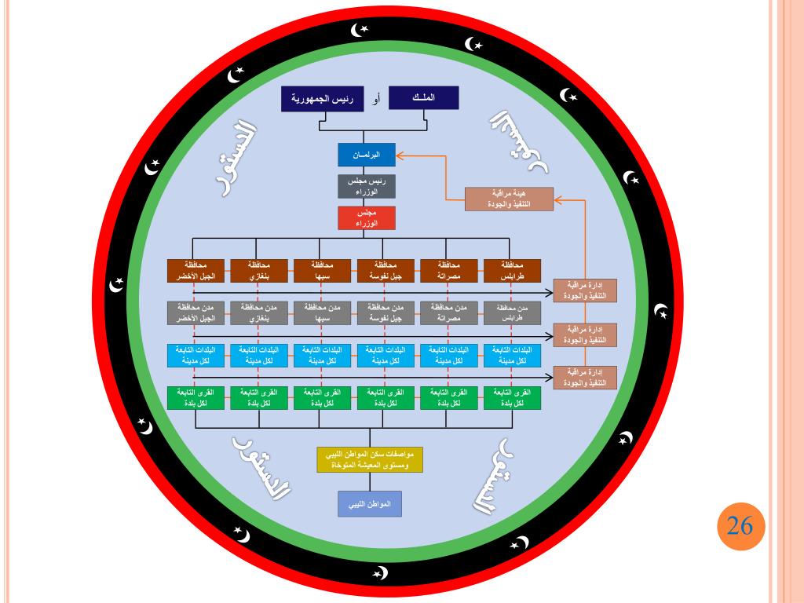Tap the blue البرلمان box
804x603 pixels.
pos(366,155)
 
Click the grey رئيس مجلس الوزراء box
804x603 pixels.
pos(366,186)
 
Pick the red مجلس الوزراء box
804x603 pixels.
pos(366,217)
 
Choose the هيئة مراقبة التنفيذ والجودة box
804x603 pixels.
pos(509,199)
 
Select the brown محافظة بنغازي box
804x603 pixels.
pos(260,270)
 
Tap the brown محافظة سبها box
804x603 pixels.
pos(323,270)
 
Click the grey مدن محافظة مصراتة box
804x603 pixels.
pos(450,312)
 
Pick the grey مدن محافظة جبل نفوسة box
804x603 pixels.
pos(386,312)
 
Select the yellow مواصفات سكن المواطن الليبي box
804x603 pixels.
pos(370,459)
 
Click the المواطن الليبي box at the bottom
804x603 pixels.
pos(370,503)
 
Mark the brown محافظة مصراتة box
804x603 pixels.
pos(450,270)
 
